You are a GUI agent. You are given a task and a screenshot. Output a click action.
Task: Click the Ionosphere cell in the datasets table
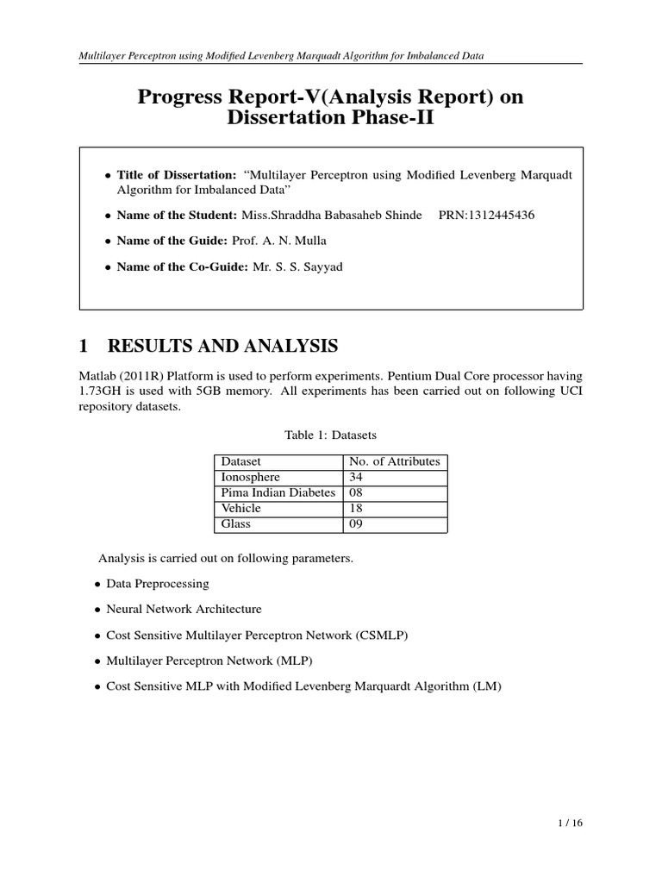coord(251,477)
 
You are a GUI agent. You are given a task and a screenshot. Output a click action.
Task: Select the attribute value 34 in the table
coord(355,477)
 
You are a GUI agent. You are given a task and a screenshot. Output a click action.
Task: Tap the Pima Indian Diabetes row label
coord(278,492)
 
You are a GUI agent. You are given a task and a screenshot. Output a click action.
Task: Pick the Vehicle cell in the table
coord(242,509)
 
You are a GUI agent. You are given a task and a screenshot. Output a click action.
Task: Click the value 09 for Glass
coord(355,524)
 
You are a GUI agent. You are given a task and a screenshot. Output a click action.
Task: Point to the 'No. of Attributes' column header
coord(394,461)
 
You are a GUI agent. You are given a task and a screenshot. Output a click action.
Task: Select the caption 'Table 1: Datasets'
coord(330,436)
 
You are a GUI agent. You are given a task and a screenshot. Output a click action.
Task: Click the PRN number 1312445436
coord(486,215)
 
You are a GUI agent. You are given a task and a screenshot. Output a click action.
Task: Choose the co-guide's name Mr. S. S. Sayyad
coord(298,267)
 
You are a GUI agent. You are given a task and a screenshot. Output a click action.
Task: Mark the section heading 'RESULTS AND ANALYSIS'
coord(222,347)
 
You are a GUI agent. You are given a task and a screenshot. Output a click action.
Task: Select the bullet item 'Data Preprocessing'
coord(157,584)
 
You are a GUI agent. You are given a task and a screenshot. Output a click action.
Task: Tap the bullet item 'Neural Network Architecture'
coord(184,609)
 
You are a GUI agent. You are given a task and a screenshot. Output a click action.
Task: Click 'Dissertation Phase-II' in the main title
coord(330,119)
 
